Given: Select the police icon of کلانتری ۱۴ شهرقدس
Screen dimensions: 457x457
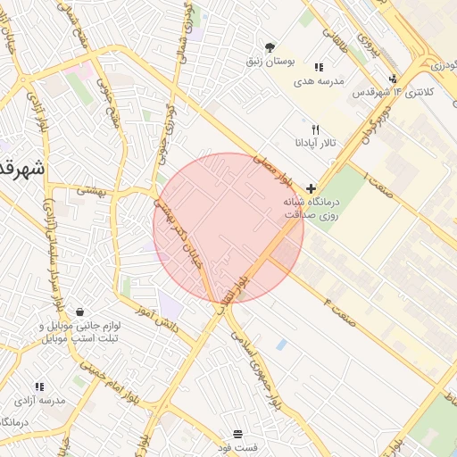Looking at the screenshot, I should point(393,79).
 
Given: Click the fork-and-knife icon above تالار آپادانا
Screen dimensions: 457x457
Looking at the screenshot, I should point(315,129).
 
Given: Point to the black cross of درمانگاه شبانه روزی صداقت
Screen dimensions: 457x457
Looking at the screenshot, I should point(311,187).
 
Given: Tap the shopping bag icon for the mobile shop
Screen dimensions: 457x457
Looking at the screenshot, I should point(81,312).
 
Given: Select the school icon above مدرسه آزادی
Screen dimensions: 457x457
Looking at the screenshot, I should point(38,386).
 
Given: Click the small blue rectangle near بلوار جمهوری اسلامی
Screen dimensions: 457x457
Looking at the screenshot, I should point(282,344).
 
